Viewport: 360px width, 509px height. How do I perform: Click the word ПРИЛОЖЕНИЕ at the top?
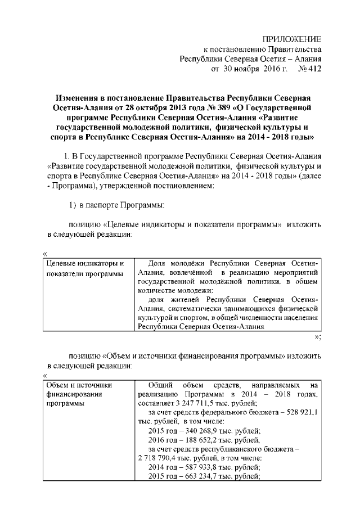(x=292, y=39)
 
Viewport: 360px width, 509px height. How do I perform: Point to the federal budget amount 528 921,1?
(x=298, y=412)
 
